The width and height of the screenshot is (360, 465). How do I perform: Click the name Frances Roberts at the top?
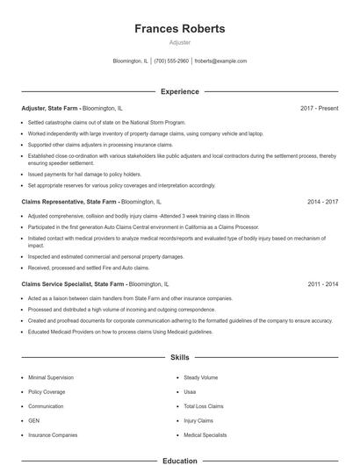click(x=179, y=29)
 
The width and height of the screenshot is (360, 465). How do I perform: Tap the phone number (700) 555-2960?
click(x=172, y=61)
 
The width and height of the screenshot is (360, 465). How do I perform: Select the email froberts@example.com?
click(x=220, y=61)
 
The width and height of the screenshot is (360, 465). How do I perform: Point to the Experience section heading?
click(x=179, y=91)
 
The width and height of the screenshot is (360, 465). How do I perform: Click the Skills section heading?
click(x=179, y=358)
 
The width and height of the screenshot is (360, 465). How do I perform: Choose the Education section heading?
click(x=179, y=460)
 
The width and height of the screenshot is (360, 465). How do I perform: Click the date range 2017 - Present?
click(x=319, y=108)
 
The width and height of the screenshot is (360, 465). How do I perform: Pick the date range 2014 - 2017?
click(x=322, y=201)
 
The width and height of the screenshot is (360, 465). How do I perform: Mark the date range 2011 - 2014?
click(x=322, y=284)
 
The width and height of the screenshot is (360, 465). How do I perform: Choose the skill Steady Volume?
click(x=200, y=377)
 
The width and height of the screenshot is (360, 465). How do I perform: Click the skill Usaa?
click(x=191, y=392)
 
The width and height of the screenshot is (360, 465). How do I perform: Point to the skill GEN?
click(x=34, y=420)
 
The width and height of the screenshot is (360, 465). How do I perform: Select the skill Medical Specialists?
click(x=205, y=435)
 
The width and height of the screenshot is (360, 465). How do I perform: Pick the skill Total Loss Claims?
click(x=204, y=406)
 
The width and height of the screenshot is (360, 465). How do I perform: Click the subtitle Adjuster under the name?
click(x=179, y=42)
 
